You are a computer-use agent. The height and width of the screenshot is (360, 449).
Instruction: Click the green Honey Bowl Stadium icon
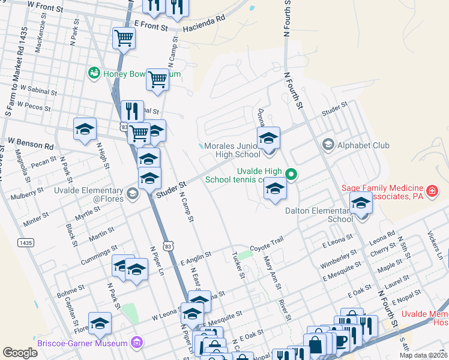[94, 74]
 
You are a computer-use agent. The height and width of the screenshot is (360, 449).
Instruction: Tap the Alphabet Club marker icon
[328, 145]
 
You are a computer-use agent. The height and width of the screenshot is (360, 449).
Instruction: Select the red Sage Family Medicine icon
[432, 192]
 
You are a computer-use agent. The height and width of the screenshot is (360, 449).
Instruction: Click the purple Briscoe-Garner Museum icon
[137, 343]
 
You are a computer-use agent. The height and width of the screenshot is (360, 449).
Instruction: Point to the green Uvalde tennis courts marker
[291, 175]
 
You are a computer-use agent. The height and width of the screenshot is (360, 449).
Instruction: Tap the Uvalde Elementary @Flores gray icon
[133, 193]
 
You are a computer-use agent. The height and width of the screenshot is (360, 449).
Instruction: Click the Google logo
[20, 353]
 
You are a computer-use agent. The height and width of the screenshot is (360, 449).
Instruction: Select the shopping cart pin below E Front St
[124, 38]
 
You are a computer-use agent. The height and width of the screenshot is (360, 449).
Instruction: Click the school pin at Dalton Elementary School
[361, 203]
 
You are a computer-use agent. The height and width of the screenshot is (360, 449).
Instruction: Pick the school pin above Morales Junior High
[268, 138]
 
